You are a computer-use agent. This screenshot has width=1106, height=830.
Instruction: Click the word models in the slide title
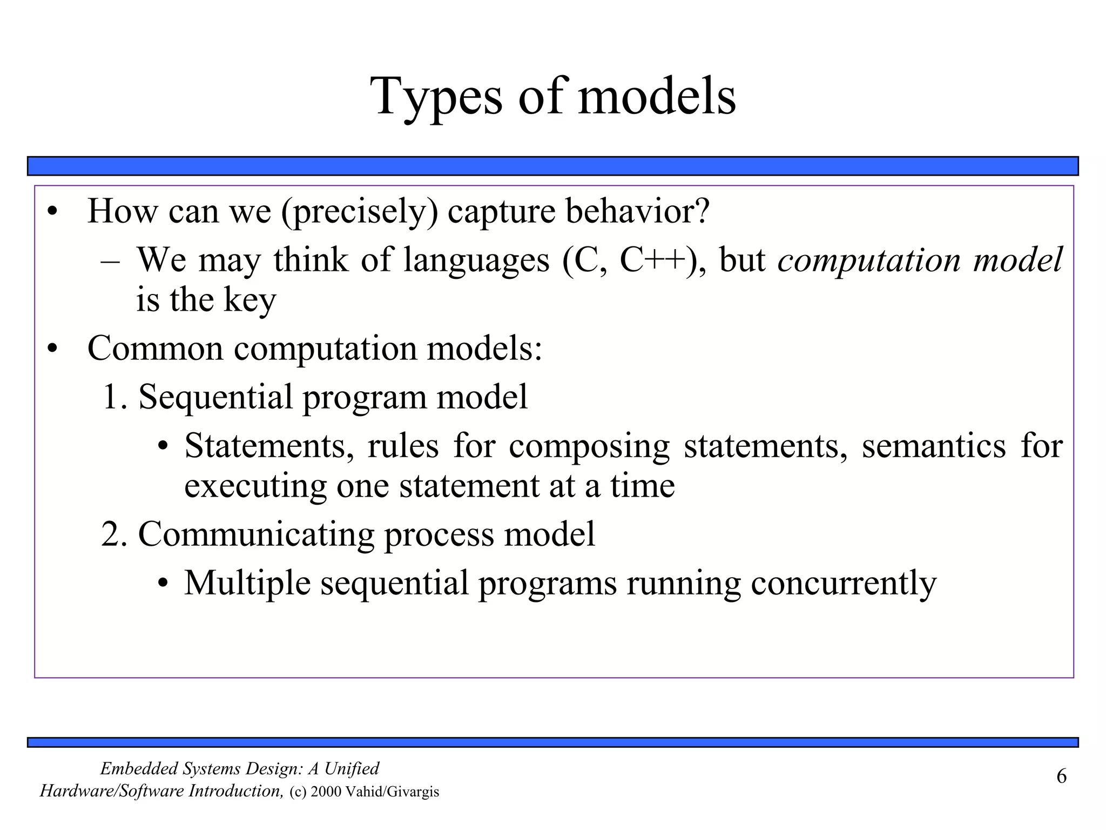[656, 97]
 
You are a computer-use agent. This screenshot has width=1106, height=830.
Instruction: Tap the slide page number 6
[1061, 777]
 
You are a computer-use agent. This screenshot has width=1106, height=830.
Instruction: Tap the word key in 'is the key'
[249, 300]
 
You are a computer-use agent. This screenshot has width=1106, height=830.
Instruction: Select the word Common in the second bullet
[155, 349]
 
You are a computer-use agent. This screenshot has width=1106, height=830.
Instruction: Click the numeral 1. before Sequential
[114, 397]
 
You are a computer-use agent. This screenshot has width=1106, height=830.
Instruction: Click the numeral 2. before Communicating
[114, 534]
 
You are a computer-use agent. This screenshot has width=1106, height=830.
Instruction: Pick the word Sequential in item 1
[215, 397]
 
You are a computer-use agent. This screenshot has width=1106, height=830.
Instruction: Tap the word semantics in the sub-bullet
[934, 446]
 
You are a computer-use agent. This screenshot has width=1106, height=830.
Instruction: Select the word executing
[255, 486]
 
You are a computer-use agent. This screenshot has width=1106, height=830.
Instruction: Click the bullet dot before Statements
[164, 447]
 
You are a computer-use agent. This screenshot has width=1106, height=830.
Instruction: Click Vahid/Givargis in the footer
[392, 792]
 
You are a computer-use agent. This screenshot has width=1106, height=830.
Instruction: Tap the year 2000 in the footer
[326, 792]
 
